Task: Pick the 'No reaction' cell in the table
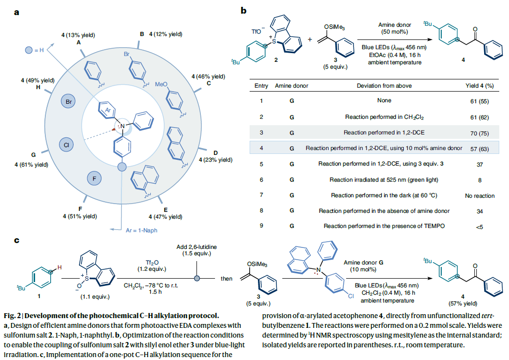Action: point(479,195)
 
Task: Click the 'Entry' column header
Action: point(261,86)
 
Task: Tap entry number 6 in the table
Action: point(261,180)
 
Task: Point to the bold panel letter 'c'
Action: point(17,241)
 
